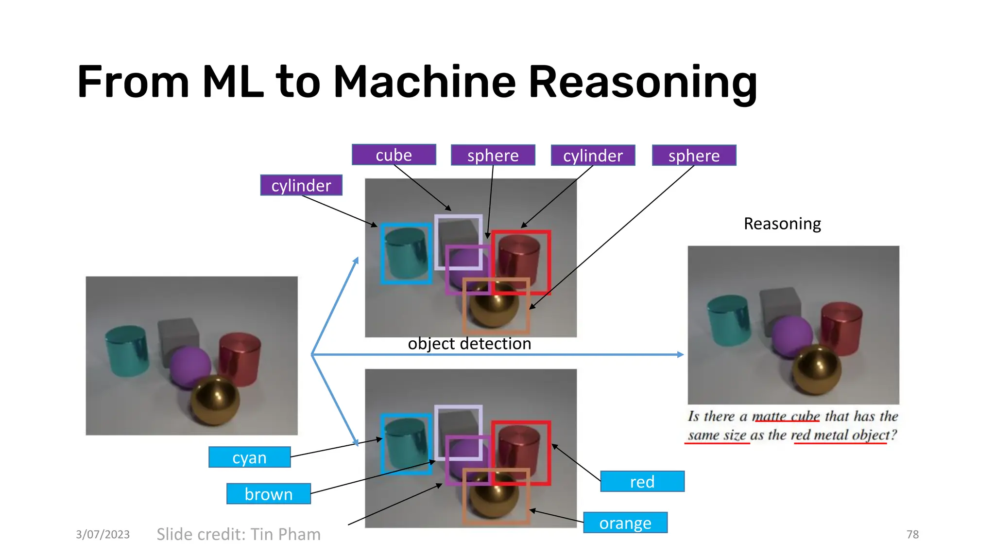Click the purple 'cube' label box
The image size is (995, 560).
[x=394, y=155]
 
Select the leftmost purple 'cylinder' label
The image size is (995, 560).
[x=301, y=185]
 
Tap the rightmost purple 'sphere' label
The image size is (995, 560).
[x=694, y=156]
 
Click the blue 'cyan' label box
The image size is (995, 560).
[x=249, y=457]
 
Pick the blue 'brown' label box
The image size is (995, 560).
[x=268, y=494]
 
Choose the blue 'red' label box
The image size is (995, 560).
[x=642, y=482]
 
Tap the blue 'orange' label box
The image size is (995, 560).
[x=625, y=523]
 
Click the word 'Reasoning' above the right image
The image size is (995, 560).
[x=782, y=224]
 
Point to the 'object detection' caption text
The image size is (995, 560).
[x=469, y=344]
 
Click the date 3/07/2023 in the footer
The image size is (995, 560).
[x=103, y=535]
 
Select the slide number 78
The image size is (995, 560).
[x=912, y=535]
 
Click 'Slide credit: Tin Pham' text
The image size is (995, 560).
[x=239, y=534]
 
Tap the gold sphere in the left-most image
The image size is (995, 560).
[x=215, y=400]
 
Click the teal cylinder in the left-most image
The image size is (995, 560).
[x=127, y=351]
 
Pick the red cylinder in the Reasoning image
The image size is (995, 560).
[x=841, y=328]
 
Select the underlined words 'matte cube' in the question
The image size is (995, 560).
[x=786, y=417]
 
